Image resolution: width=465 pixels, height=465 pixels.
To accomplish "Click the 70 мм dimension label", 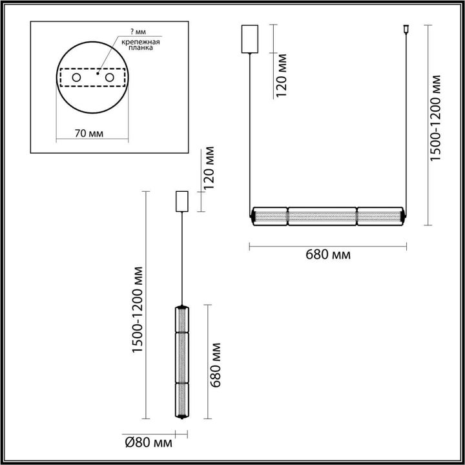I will (89, 133).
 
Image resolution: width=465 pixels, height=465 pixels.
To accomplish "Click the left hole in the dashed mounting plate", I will (76, 77).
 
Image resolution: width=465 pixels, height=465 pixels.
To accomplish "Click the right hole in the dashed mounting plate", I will (110, 77).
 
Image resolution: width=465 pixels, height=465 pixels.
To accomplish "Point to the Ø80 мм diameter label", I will (148, 443).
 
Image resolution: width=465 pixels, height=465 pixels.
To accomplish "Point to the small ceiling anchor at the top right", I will (406, 28).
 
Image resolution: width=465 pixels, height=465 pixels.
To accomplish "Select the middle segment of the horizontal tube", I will (322, 216).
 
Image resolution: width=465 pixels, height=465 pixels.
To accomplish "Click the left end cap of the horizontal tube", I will (253, 216).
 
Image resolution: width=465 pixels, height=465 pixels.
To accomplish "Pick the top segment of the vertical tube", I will (182, 318).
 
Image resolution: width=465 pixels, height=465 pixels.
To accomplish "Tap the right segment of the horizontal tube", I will (379, 216).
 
